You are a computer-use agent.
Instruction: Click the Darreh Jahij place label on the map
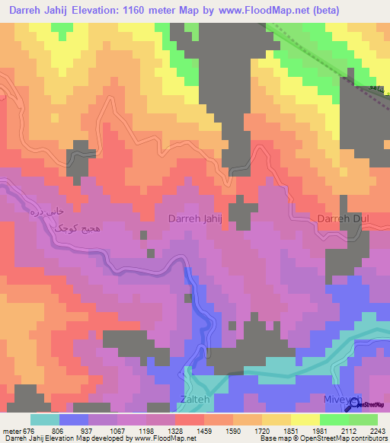point(195,219)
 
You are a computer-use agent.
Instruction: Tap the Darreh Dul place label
point(343,219)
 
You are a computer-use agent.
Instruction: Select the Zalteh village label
point(194,399)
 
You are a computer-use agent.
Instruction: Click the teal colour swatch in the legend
point(44,419)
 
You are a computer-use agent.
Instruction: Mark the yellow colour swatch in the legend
point(305,419)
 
